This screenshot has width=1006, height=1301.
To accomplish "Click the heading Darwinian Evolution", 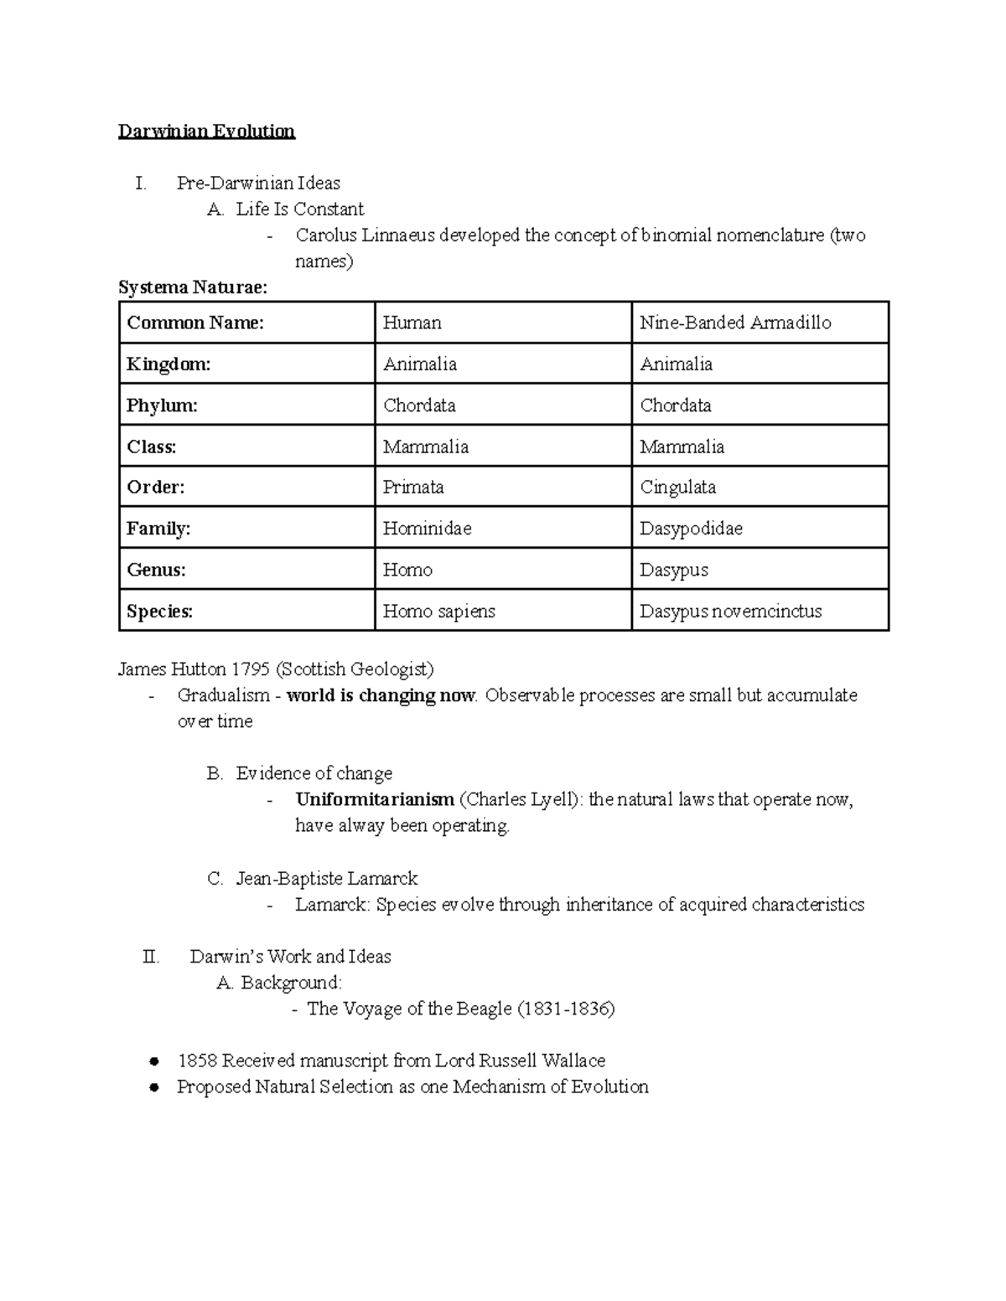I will (x=206, y=132).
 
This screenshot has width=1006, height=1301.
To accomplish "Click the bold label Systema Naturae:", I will (x=193, y=288).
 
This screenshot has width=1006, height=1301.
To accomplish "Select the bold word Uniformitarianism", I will (x=375, y=800).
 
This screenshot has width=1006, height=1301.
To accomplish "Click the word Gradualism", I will (x=223, y=695).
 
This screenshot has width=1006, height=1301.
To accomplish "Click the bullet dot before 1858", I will (x=153, y=1061).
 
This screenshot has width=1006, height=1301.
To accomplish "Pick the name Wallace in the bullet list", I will (x=573, y=1061).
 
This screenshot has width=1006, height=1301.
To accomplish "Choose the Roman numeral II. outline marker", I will (x=151, y=957).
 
